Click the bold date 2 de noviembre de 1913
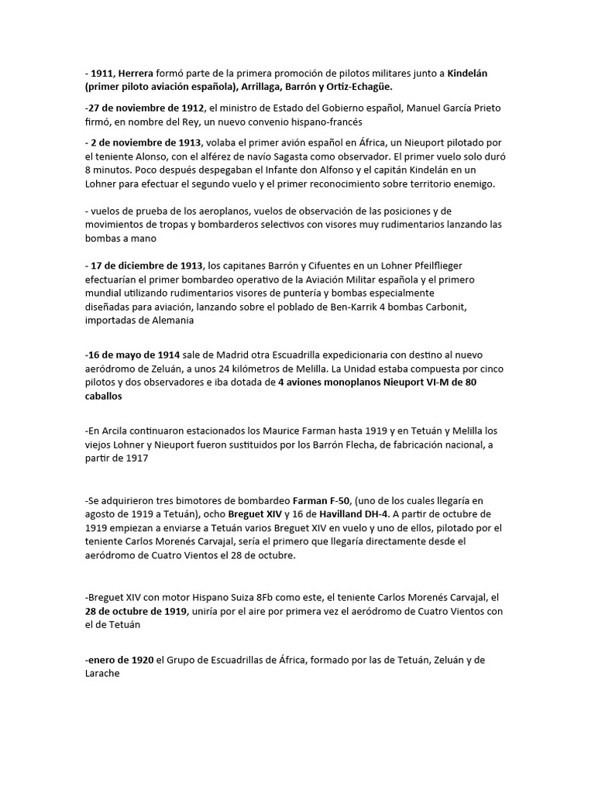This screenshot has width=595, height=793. (x=146, y=142)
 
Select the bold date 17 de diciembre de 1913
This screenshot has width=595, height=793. (x=146, y=266)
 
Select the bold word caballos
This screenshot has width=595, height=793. (x=104, y=396)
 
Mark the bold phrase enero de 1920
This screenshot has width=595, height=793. (x=119, y=660)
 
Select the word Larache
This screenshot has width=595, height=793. (x=104, y=674)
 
